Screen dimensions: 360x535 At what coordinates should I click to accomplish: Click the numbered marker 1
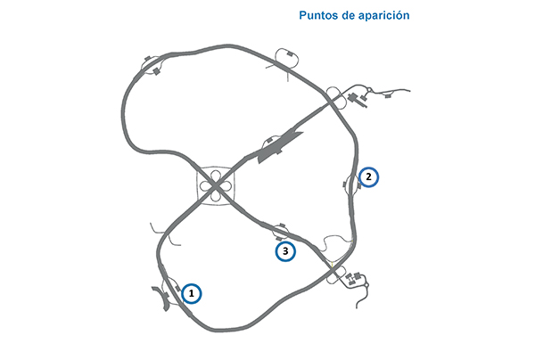pyautogui.click(x=191, y=292)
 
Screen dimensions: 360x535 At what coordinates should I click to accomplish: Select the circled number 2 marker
pyautogui.click(x=369, y=177)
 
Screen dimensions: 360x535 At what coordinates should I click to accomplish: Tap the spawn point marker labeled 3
pyautogui.click(x=284, y=251)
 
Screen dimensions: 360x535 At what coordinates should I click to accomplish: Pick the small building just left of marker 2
pyautogui.click(x=348, y=185)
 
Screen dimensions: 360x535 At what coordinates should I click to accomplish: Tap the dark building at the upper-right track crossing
pyautogui.click(x=353, y=96)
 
